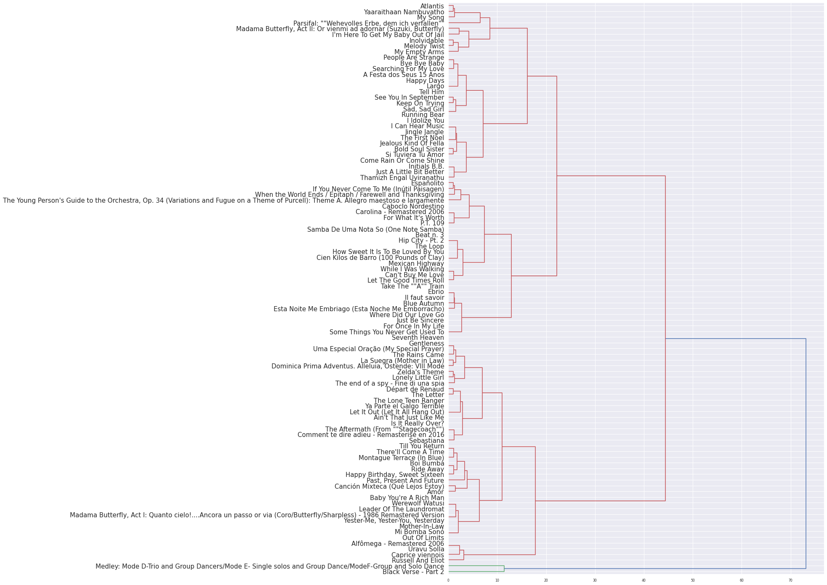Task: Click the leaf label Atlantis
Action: pos(432,6)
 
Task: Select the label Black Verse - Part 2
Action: pos(413,572)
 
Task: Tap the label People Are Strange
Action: pos(413,58)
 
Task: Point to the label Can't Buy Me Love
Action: pos(414,275)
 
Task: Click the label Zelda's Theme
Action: pos(420,372)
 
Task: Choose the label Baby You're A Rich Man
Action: pos(407,498)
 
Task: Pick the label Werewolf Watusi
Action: pos(417,503)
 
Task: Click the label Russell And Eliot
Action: pos(417,561)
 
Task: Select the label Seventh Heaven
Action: pos(417,338)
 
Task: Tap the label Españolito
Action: pos(427,183)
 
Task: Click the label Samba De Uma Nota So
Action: pos(375,230)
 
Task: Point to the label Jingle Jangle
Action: pos(424,132)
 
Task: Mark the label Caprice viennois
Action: pos(417,555)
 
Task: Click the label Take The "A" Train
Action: pos(412,286)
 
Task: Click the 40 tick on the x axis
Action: pos(644,581)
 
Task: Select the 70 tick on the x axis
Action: pos(790,581)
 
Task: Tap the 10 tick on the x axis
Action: pos(497,581)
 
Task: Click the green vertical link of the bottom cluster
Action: pos(504,569)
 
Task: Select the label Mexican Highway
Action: pos(416,264)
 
